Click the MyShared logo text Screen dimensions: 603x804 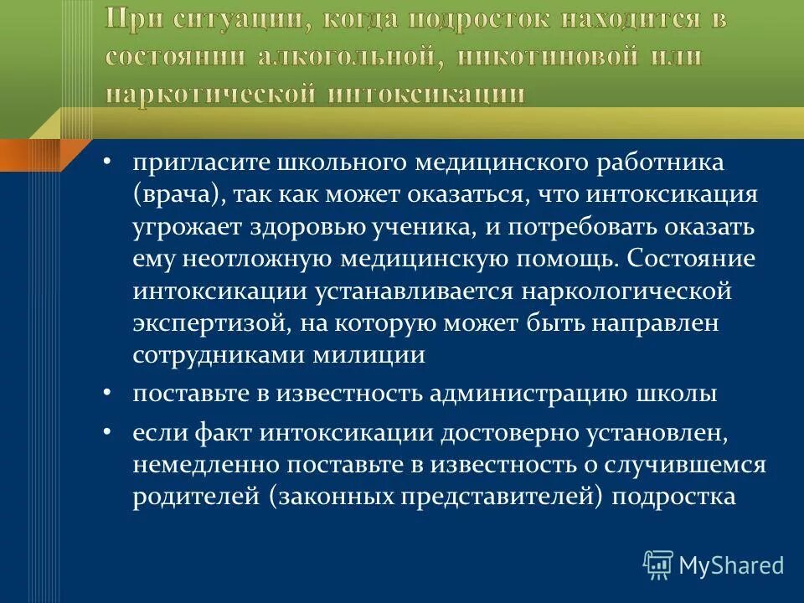(730, 564)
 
